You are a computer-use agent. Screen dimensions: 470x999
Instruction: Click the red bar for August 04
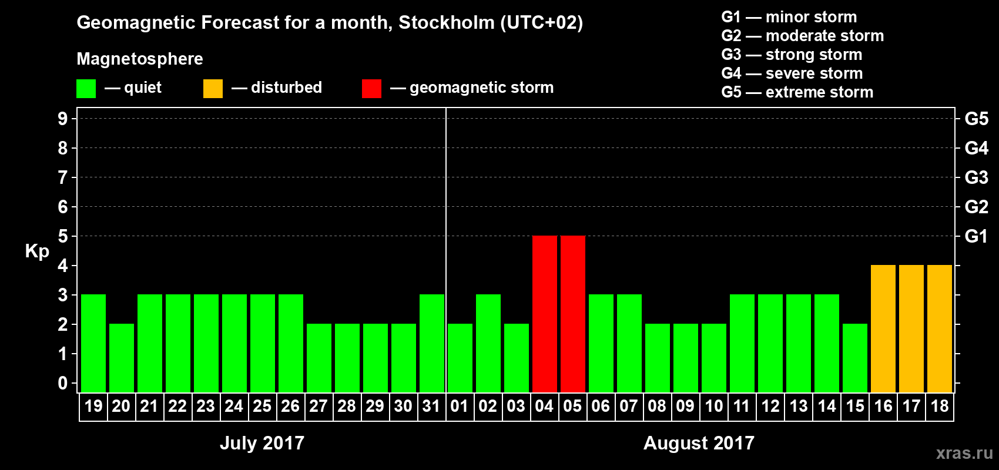click(x=545, y=314)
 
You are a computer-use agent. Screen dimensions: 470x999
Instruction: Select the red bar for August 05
click(x=573, y=314)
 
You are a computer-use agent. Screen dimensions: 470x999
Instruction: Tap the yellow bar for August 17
click(x=911, y=328)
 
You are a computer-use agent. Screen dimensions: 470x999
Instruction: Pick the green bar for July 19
click(x=93, y=343)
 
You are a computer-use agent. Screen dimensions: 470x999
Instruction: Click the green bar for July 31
click(x=432, y=343)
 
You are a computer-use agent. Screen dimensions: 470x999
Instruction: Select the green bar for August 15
click(x=855, y=358)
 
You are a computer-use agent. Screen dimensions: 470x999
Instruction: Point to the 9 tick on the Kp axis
click(x=63, y=119)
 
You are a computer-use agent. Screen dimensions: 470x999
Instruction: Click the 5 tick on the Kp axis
click(x=63, y=236)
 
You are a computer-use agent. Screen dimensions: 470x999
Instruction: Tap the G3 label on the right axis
click(x=976, y=177)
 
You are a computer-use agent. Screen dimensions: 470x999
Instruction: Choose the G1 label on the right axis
click(x=976, y=236)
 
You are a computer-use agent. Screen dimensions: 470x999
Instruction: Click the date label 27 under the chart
click(x=319, y=407)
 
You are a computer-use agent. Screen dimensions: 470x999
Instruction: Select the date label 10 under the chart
click(x=714, y=407)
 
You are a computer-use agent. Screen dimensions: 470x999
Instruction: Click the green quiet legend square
click(x=86, y=89)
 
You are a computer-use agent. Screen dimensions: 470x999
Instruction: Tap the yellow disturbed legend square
click(x=213, y=89)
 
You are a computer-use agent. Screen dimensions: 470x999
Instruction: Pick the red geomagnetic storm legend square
click(x=372, y=89)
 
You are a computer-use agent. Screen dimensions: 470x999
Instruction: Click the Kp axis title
click(x=37, y=251)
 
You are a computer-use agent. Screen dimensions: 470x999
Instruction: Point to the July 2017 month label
click(x=262, y=443)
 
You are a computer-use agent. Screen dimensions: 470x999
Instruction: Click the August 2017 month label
click(x=699, y=443)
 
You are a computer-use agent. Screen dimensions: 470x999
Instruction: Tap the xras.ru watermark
click(x=964, y=453)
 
